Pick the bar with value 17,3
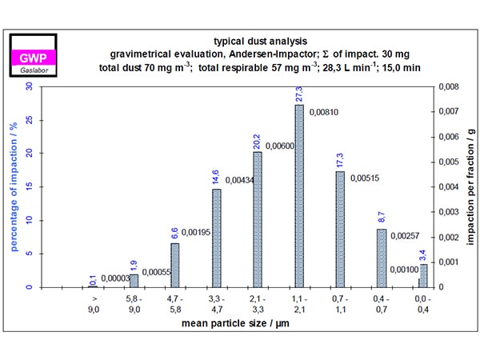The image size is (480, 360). click(340, 229)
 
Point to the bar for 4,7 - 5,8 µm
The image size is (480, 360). click(175, 265)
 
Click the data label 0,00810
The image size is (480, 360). click(325, 112)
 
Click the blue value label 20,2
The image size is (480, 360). click(258, 142)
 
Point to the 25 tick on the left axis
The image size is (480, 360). click(29, 120)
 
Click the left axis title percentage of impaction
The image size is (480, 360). click(13, 186)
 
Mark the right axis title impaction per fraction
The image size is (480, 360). click(470, 186)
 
